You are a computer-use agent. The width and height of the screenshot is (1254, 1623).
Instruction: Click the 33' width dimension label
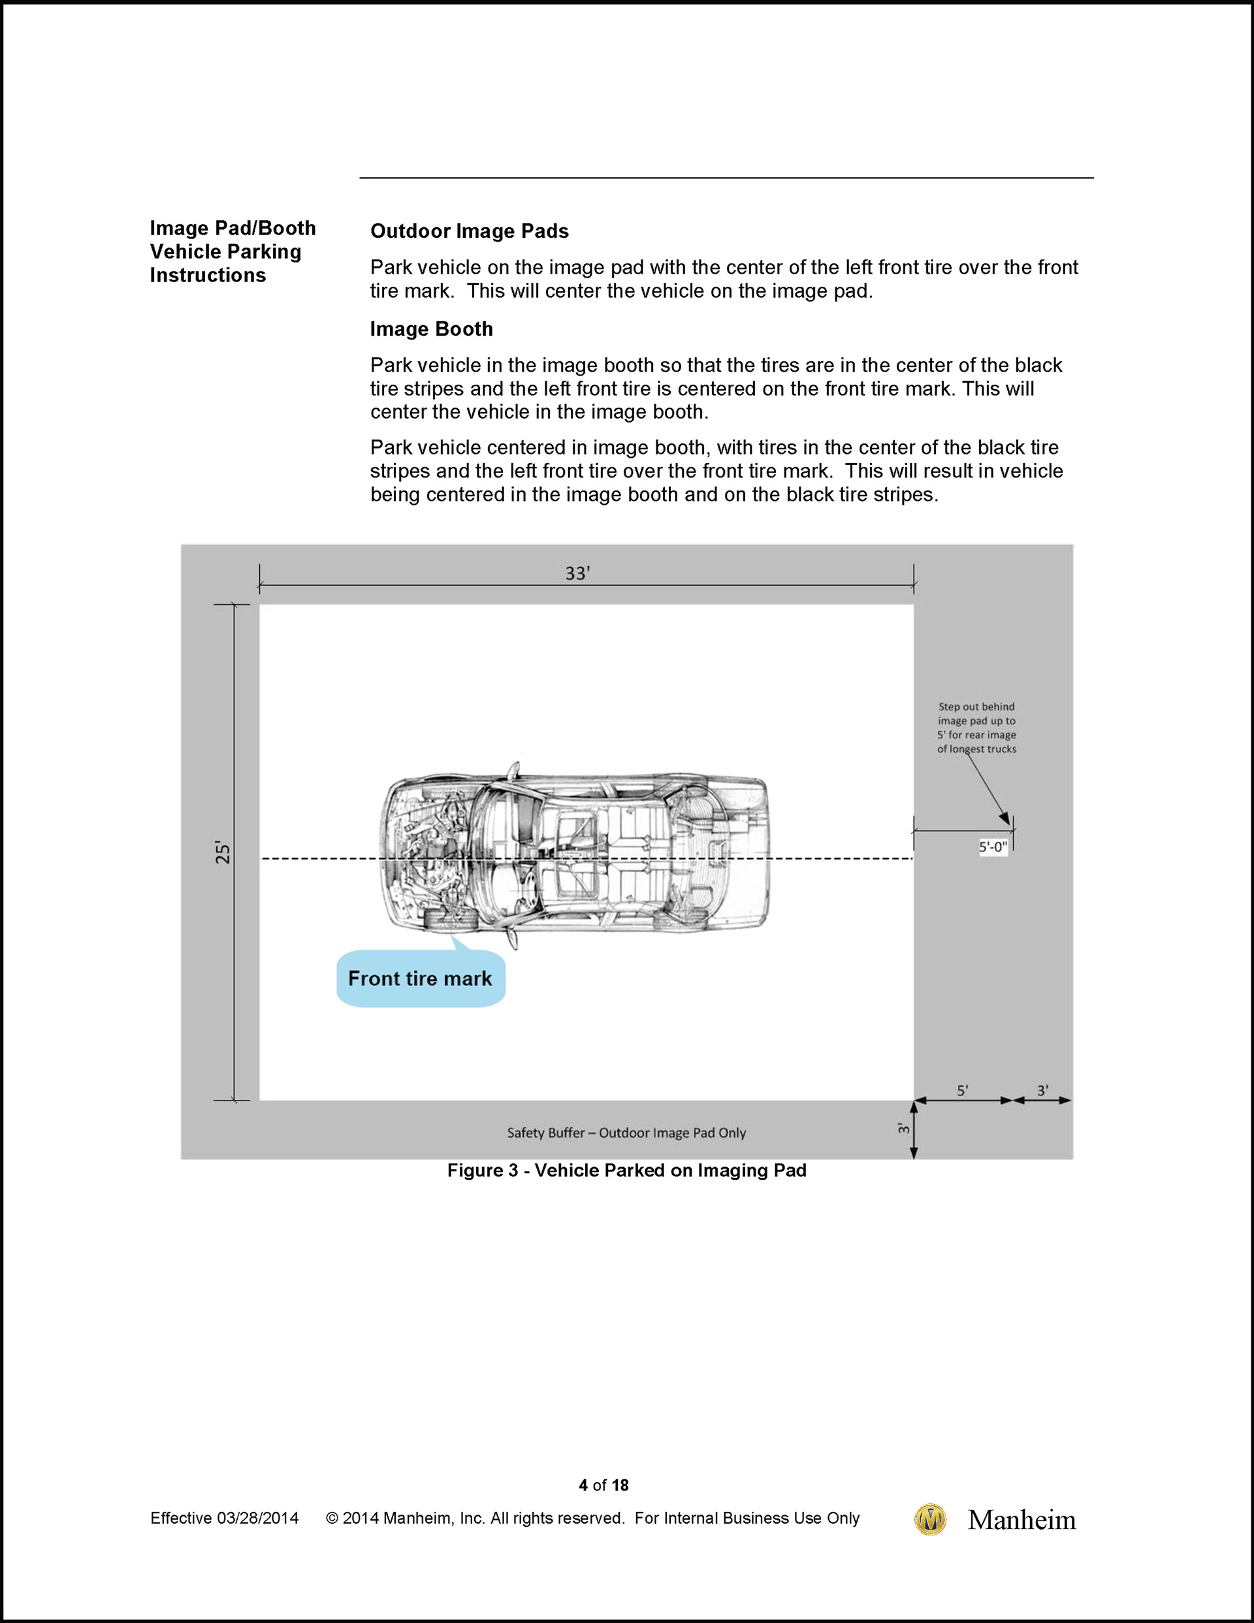coord(577,573)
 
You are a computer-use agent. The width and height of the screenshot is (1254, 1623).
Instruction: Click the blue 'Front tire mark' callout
coord(420,979)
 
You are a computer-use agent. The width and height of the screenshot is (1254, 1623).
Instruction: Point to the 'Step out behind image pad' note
coord(976,728)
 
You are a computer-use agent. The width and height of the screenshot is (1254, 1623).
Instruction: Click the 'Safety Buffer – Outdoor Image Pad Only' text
coord(626,1133)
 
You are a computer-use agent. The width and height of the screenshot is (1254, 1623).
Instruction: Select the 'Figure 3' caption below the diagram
coord(626,1170)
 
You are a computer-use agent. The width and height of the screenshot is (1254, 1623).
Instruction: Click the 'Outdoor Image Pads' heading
coord(469,231)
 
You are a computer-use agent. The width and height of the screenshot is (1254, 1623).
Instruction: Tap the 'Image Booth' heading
coord(431,329)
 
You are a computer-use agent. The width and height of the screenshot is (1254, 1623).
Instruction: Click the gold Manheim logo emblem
coord(930,1519)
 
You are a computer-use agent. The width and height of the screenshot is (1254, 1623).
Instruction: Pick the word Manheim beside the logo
coord(1021,1520)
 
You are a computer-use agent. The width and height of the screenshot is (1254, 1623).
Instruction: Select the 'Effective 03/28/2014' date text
coord(225,1519)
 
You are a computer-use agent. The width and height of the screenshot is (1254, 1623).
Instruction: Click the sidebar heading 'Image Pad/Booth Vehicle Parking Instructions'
coord(232,251)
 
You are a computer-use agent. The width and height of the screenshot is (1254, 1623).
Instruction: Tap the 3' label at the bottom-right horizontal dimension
coord(1042,1090)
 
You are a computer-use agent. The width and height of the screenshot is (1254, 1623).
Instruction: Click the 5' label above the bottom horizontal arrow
coord(962,1090)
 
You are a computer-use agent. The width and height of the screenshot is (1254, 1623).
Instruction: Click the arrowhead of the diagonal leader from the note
coord(1006,819)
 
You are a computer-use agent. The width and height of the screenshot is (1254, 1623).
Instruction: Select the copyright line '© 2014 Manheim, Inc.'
coord(592,1519)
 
